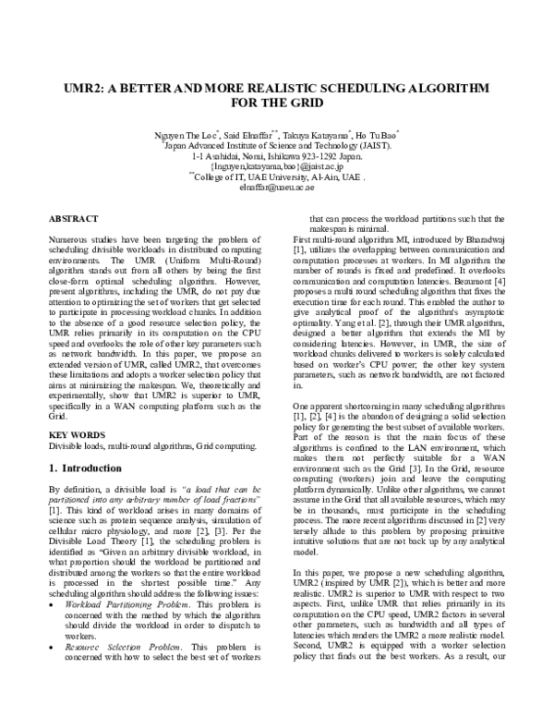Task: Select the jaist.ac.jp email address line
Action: (x=277, y=167)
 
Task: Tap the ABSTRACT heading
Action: (x=75, y=219)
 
